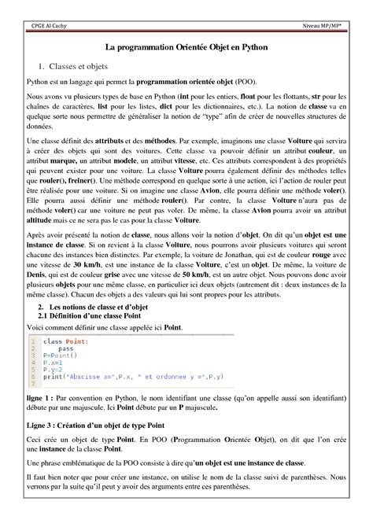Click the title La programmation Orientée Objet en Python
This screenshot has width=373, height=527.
pos(186,48)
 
